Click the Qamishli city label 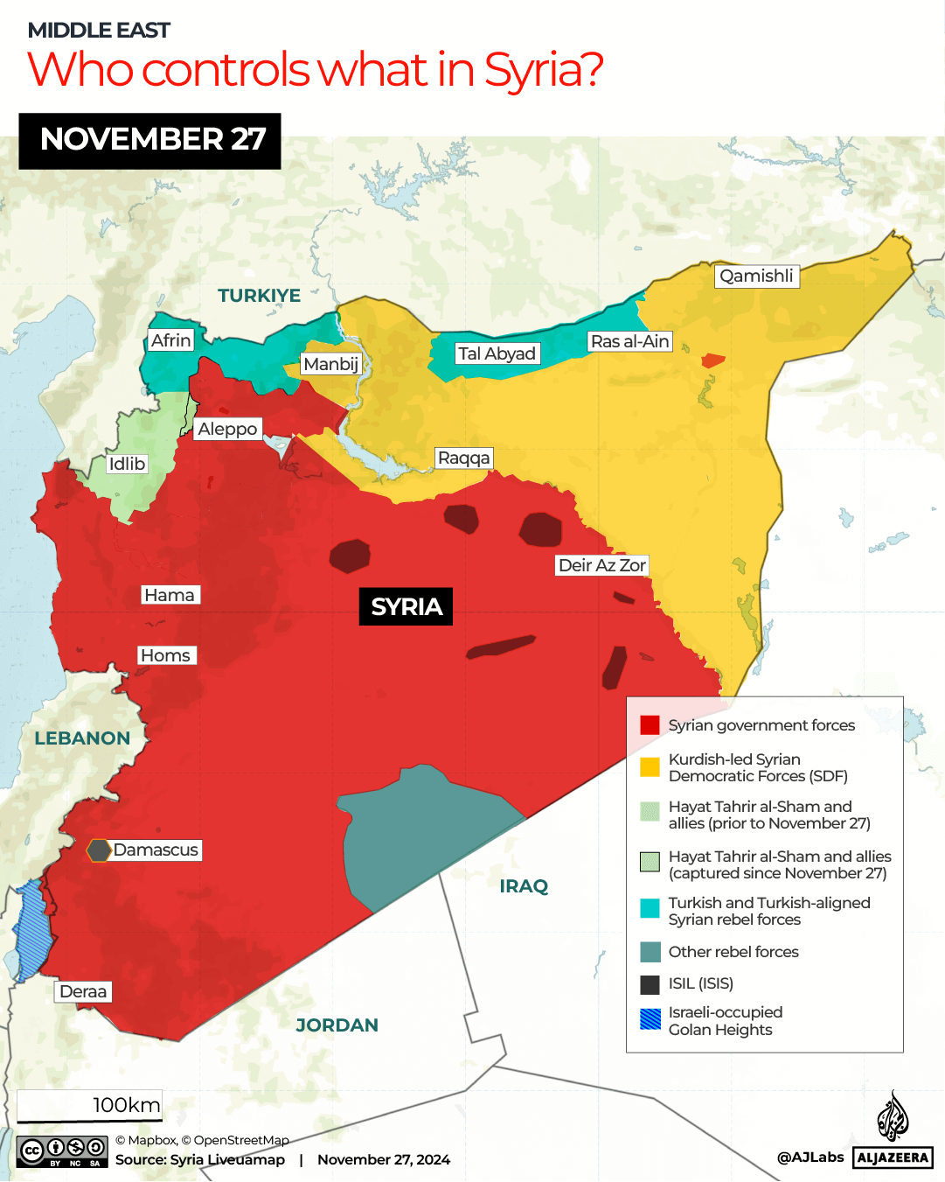(x=756, y=276)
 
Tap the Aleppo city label (x=227, y=429)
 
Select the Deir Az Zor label (x=601, y=565)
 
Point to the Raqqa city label (x=464, y=458)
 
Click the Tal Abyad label (x=497, y=353)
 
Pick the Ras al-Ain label (x=629, y=341)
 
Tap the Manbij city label (x=330, y=364)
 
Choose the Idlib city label (x=127, y=464)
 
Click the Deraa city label (x=83, y=991)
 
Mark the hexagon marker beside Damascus (x=99, y=850)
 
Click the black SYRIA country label (x=406, y=606)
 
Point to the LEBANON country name (x=82, y=738)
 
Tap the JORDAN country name (x=337, y=1025)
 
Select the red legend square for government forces (x=650, y=725)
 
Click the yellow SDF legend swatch (x=650, y=767)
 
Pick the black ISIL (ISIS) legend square (x=650, y=984)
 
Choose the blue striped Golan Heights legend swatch (x=650, y=1019)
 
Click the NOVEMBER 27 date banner (x=150, y=140)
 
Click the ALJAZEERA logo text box (x=893, y=1158)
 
